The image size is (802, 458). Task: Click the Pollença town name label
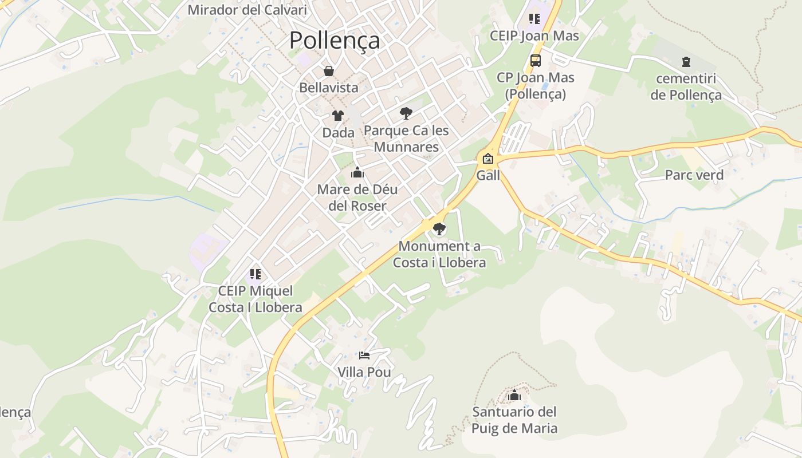pos(335,40)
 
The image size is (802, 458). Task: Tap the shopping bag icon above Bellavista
pos(329,71)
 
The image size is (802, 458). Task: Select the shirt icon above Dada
pos(338,116)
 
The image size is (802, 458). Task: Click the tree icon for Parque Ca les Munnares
pos(406,113)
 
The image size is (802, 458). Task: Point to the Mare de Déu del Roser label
pos(357,198)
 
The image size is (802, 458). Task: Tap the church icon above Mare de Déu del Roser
pos(357,172)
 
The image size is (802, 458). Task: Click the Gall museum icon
pos(488,159)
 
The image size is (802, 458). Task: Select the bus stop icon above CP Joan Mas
pos(535,60)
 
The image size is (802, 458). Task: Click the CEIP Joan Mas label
pos(534,36)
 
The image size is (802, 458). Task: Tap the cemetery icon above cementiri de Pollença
pos(686,62)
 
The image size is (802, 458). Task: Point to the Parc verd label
pos(694,175)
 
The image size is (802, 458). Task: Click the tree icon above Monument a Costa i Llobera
pos(439,230)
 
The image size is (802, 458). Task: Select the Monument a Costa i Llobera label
pos(439,255)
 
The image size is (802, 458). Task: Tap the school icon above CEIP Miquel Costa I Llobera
pos(255,274)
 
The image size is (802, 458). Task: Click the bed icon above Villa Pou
pos(364,356)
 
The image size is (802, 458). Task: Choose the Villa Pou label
pos(364,373)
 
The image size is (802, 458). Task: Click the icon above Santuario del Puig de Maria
pos(514,395)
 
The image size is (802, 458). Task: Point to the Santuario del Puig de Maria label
pos(514,420)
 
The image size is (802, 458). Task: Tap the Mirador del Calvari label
pos(247,10)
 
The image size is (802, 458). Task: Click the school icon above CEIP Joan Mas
pos(534,19)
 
